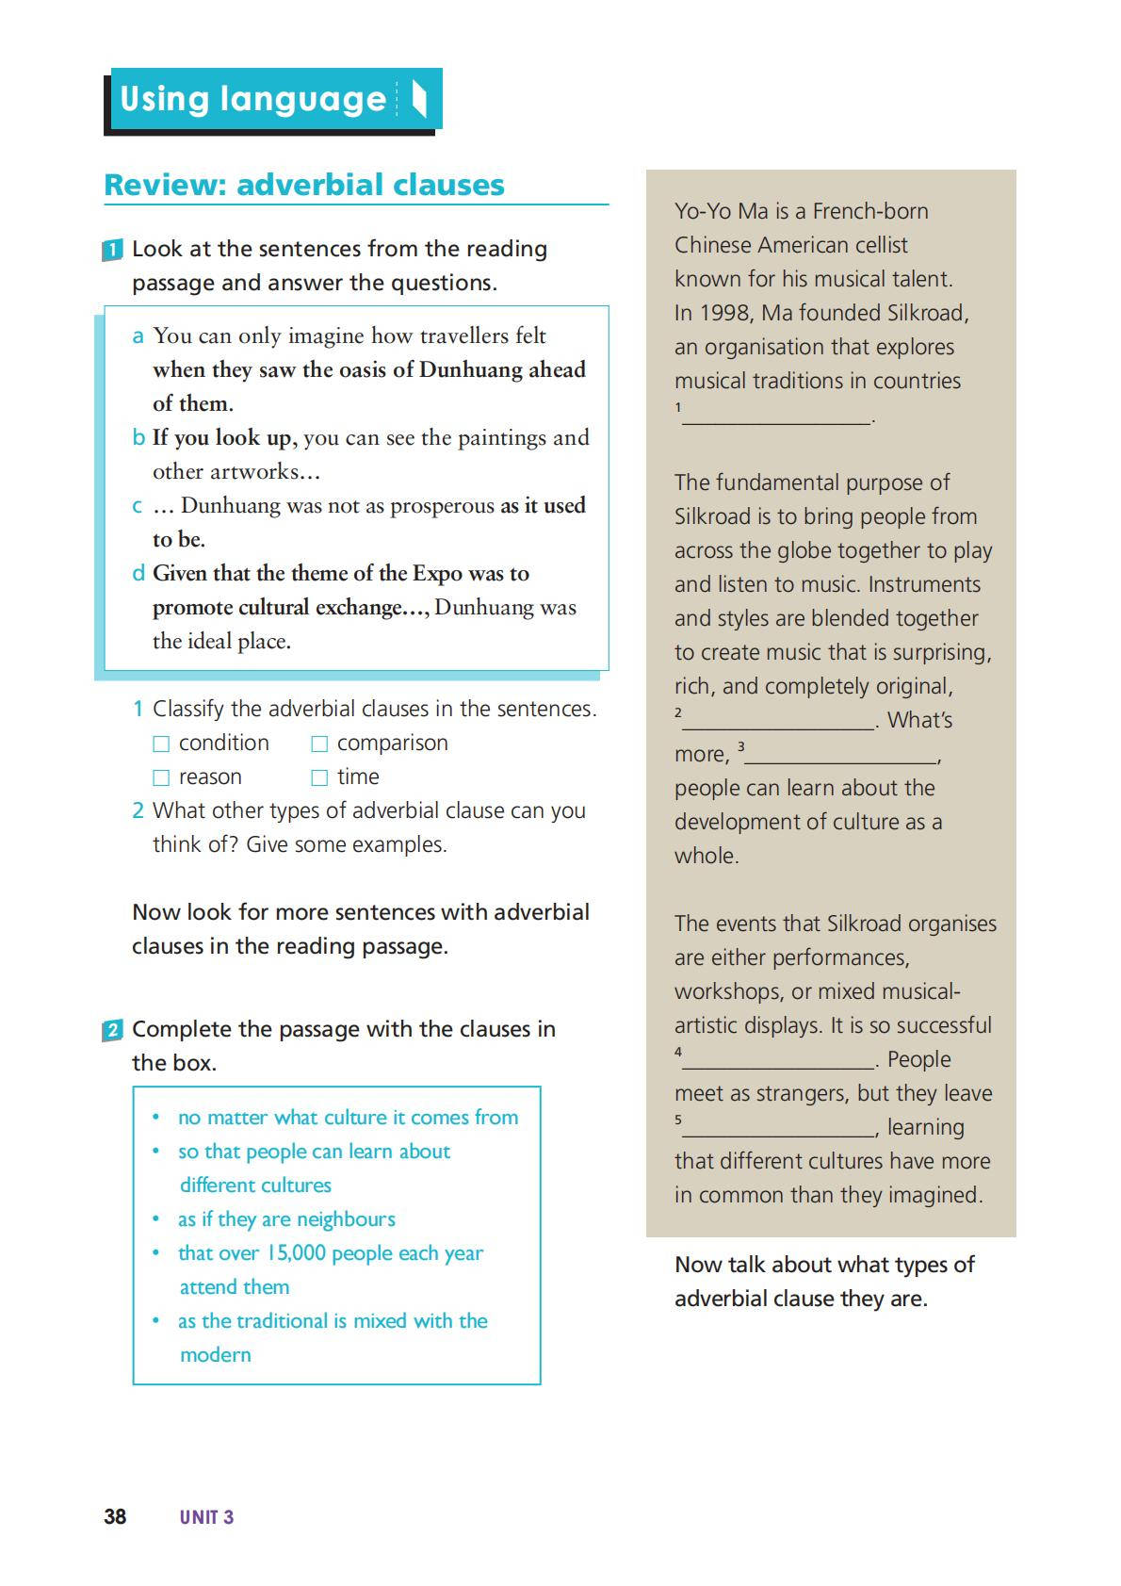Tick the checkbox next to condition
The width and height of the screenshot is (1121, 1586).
tap(161, 744)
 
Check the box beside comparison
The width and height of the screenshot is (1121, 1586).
tap(319, 744)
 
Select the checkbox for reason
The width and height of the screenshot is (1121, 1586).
tap(161, 778)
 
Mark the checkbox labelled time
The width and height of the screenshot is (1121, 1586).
tap(319, 778)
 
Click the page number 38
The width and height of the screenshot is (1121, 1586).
tap(115, 1516)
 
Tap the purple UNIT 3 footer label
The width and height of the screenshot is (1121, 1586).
tap(206, 1517)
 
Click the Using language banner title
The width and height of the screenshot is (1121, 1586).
tap(253, 99)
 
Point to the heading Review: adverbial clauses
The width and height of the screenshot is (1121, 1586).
tap(304, 185)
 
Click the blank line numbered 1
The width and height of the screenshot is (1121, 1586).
tap(777, 417)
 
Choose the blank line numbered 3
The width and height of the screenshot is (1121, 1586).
tap(840, 757)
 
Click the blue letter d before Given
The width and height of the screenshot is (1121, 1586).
tap(138, 574)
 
